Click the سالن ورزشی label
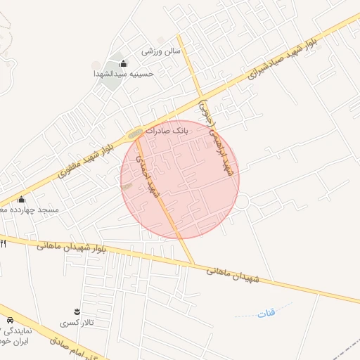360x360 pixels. coord(162,51)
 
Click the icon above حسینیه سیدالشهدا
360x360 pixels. coord(124,64)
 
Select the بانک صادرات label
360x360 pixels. coord(172,131)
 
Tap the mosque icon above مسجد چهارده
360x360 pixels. coord(21,200)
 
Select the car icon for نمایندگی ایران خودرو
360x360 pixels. coord(9,320)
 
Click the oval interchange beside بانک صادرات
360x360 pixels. coord(135,133)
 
